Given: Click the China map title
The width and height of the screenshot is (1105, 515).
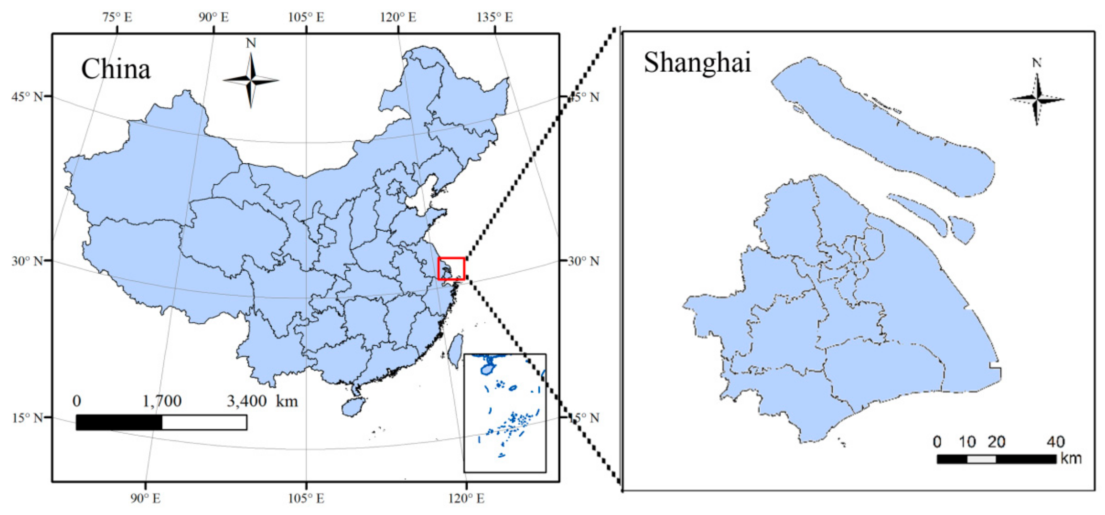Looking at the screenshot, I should tap(116, 69).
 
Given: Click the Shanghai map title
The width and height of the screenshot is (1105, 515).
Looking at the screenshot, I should tap(697, 63).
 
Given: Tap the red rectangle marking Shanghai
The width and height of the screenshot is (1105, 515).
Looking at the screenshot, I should tap(451, 269).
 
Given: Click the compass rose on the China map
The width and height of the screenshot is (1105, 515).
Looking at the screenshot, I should tap(251, 80).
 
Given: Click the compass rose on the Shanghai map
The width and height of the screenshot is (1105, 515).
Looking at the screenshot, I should tap(1037, 100).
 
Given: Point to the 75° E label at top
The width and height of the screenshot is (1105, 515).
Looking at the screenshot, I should tap(117, 17).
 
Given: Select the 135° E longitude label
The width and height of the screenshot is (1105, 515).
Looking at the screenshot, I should tap(495, 17).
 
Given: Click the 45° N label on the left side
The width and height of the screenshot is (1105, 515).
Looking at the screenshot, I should tap(27, 97).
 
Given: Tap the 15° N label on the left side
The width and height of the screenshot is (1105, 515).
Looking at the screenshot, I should tap(27, 418).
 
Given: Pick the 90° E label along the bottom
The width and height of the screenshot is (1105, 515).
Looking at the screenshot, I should tap(145, 498).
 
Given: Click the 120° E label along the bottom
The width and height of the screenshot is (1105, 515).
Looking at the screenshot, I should tap(466, 498).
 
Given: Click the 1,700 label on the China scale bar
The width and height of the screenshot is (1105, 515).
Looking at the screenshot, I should tap(162, 401).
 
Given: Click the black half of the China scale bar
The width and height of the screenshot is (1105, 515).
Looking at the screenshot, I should tap(119, 422).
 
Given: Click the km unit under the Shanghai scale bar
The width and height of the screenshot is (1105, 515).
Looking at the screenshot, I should tap(1071, 458).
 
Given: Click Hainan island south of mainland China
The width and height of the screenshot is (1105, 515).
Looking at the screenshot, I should tap(354, 406).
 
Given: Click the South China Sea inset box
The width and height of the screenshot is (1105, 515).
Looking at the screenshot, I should tap(505, 413).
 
